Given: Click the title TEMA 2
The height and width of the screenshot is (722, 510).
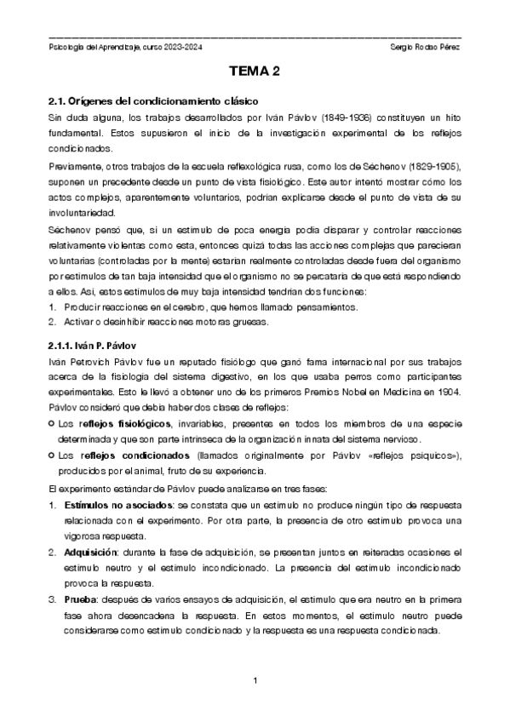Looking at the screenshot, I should (x=255, y=73).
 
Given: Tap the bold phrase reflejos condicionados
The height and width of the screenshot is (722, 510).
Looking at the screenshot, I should (x=118, y=457).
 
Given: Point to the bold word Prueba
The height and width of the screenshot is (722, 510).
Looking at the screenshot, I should (x=79, y=601).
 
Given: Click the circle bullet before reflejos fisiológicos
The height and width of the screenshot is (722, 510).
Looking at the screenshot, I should (x=52, y=424).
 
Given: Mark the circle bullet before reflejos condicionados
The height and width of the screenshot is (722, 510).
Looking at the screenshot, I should (x=52, y=457).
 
